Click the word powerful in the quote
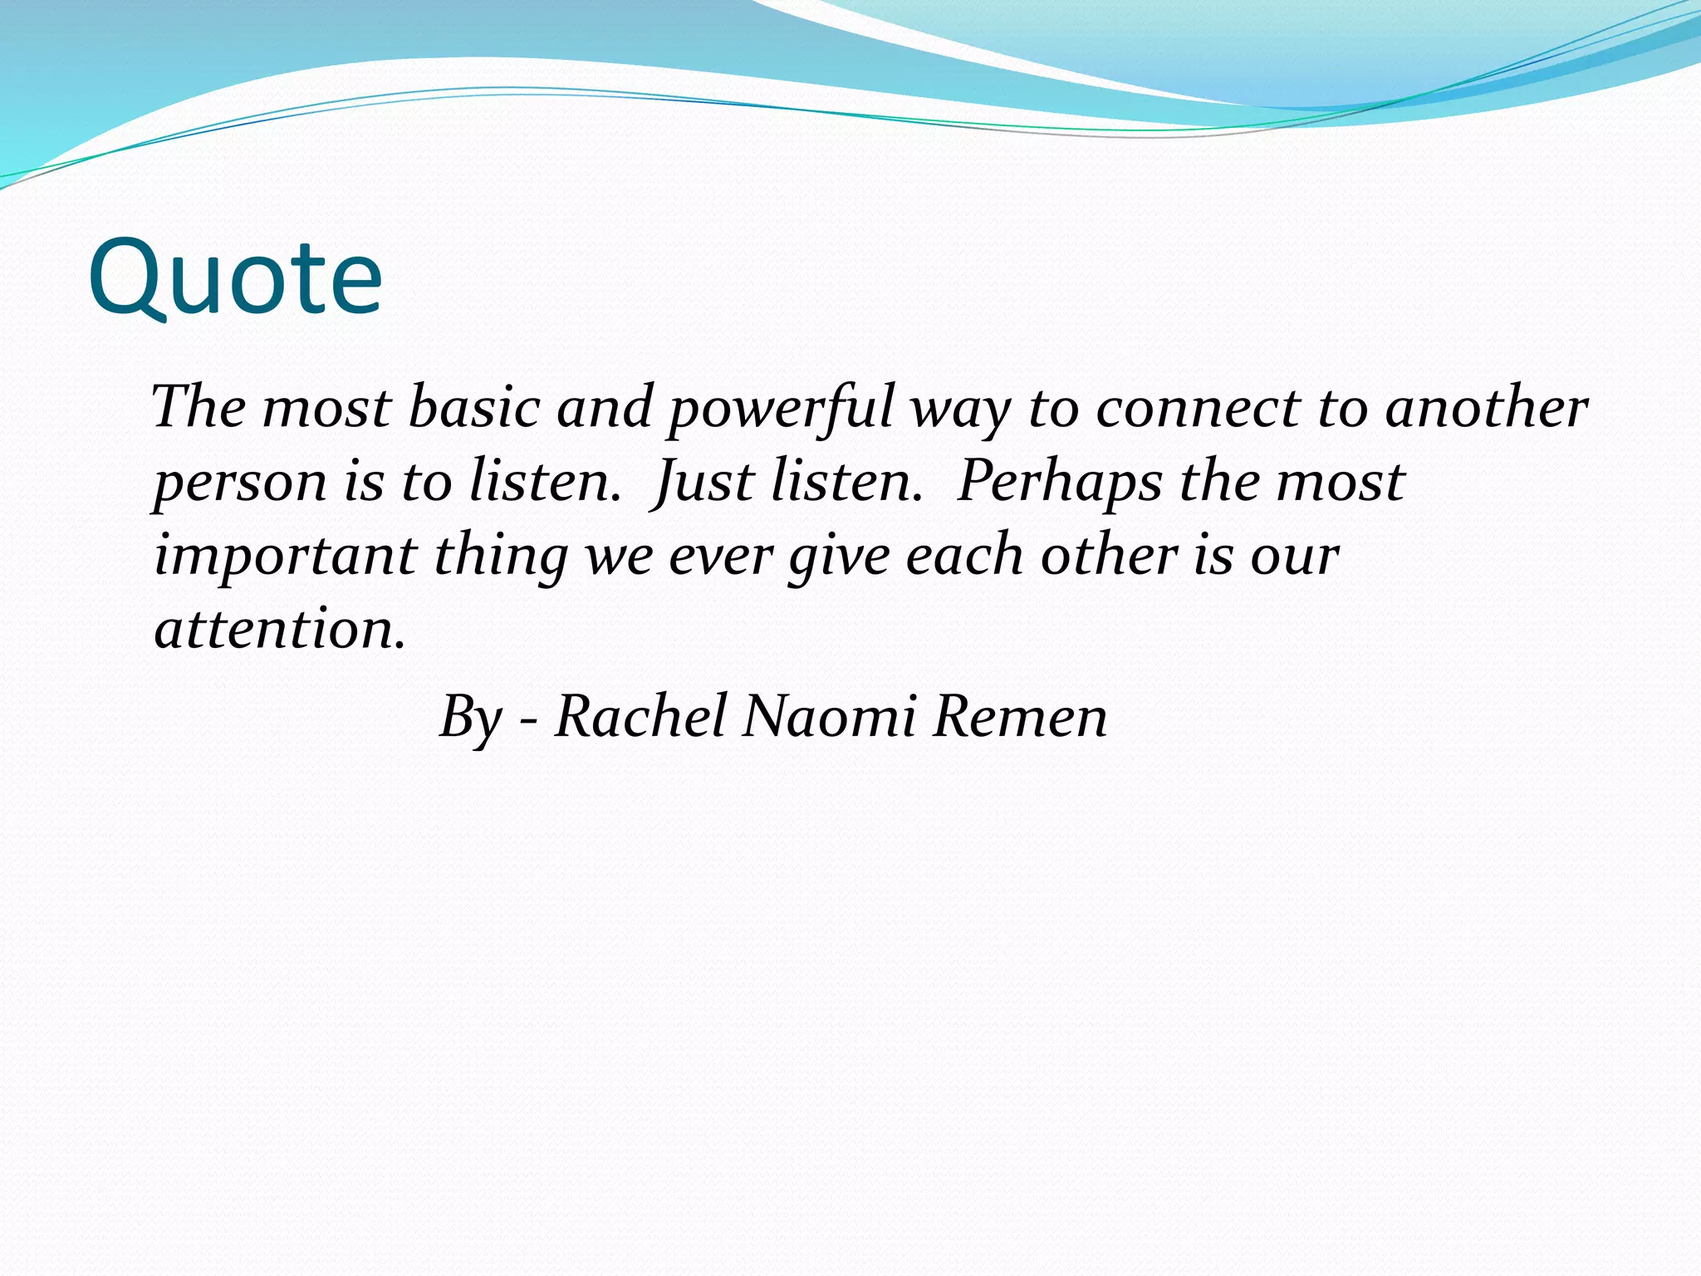(781, 409)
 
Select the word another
(1487, 409)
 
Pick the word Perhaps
(1059, 483)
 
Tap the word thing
(501, 557)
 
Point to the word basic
(474, 409)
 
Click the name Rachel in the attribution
(640, 716)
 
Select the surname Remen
(1020, 716)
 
